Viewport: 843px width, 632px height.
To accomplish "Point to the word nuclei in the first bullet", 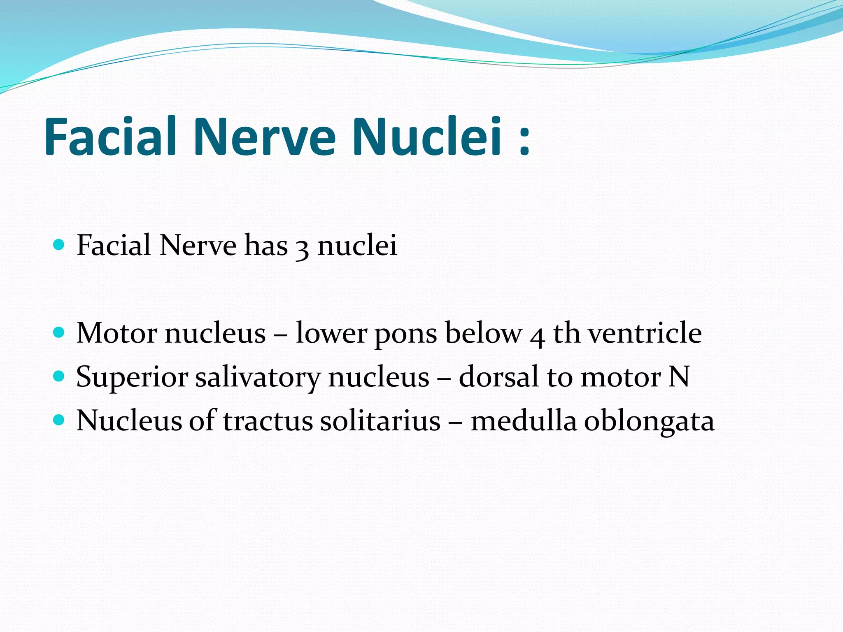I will point(357,246).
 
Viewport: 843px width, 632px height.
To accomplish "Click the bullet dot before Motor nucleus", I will point(59,332).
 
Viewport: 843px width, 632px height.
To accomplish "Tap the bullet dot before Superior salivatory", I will point(59,376).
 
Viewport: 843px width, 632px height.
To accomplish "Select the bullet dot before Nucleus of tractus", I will point(59,420).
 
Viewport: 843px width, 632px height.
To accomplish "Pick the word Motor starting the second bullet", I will point(117,333).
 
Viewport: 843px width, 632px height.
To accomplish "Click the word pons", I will point(405,334).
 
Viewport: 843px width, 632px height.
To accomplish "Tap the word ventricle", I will point(645,333).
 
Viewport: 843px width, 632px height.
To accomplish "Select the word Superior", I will point(132,377).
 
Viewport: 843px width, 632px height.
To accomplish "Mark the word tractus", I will point(268,421).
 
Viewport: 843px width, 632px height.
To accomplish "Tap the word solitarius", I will point(380,421).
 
